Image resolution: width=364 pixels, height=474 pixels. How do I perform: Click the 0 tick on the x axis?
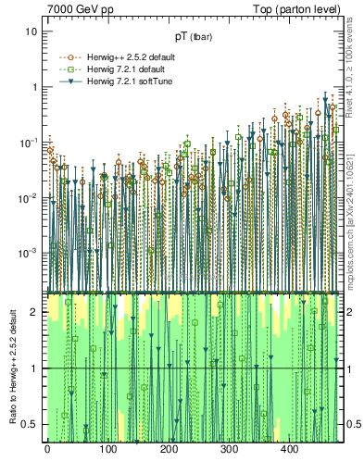(47, 450)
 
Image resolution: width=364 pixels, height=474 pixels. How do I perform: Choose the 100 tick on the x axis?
(107, 450)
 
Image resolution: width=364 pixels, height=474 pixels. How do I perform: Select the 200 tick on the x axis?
(169, 450)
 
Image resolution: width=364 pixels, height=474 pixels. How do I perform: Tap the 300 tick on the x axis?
(229, 450)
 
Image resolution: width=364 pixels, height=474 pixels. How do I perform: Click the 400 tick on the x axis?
(290, 450)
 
